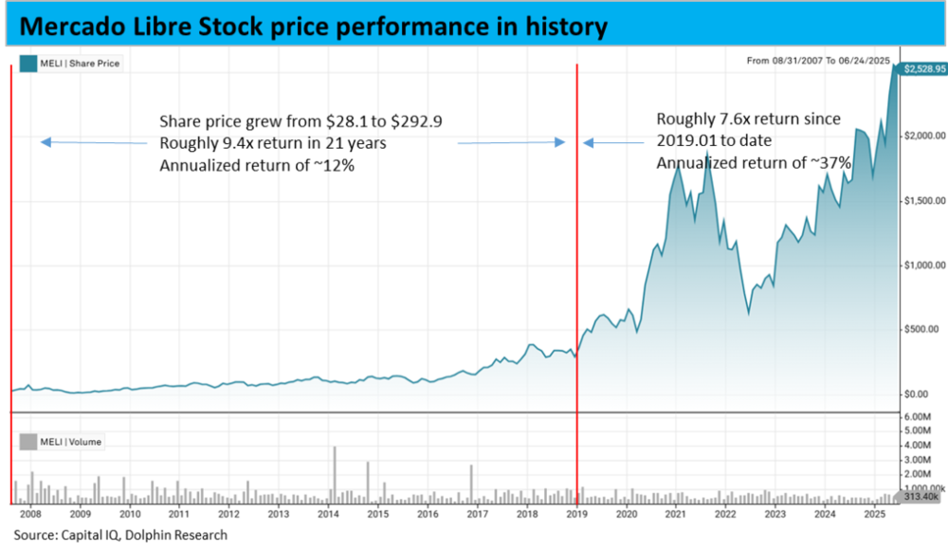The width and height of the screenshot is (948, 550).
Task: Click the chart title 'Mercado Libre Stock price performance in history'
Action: point(312,27)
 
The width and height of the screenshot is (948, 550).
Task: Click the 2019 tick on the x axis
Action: point(576,514)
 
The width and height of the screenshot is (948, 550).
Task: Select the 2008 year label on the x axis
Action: point(30,514)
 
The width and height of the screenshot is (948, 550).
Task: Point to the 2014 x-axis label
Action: point(328,514)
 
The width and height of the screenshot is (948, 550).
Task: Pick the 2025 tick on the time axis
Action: point(874,514)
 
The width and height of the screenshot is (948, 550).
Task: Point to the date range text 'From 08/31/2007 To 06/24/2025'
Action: point(818,61)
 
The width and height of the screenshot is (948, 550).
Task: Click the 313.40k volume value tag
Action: point(921,496)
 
